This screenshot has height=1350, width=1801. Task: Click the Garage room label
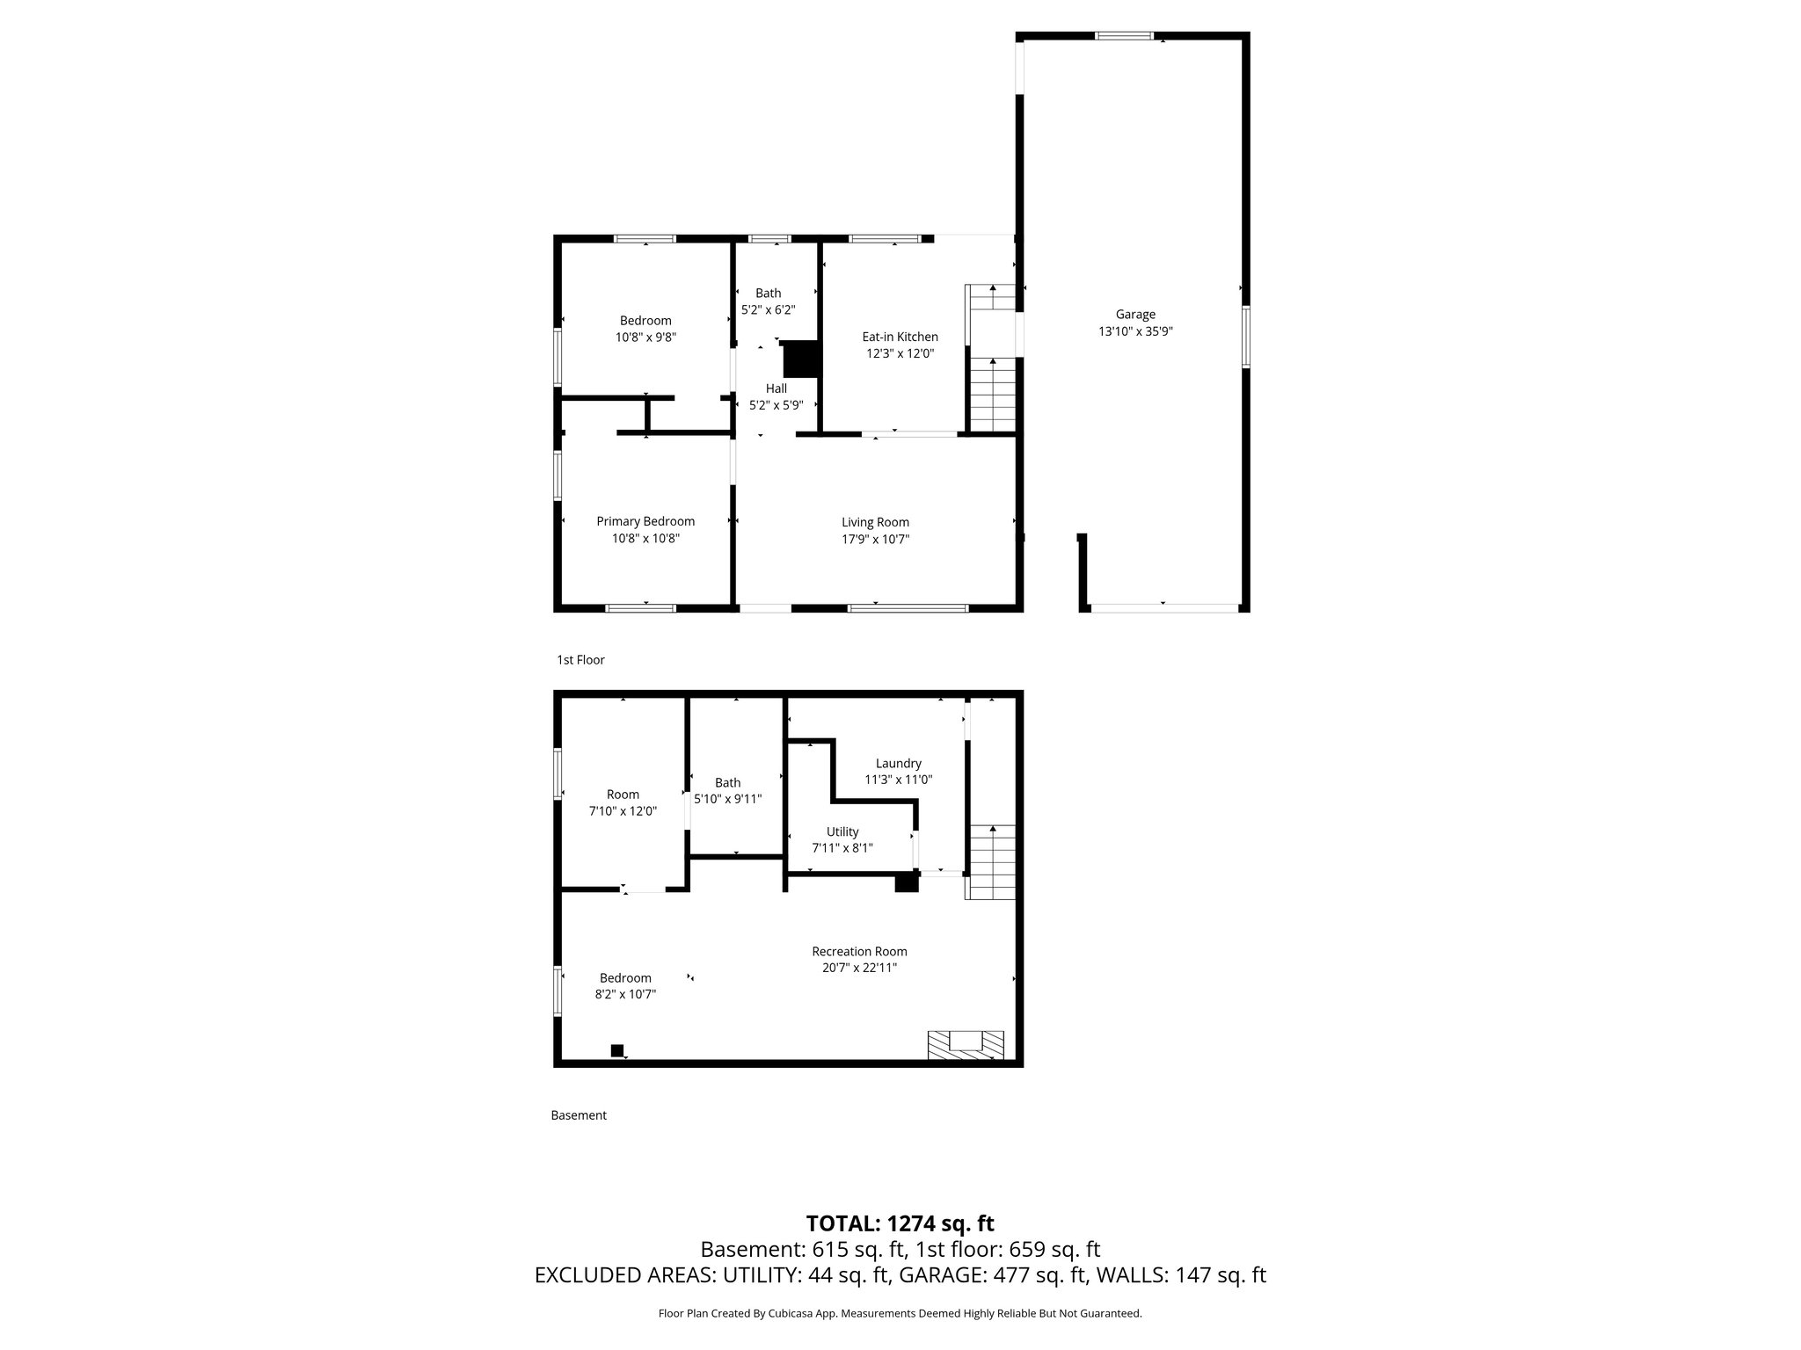tap(1135, 315)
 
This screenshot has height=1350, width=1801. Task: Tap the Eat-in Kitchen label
tap(900, 337)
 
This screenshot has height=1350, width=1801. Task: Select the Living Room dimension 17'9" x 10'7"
tap(875, 540)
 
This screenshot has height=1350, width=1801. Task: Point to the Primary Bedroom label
tap(645, 522)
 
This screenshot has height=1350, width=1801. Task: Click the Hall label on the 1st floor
tap(777, 388)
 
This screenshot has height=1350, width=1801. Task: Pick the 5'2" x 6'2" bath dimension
tap(769, 310)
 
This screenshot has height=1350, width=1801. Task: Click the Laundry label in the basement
tap(899, 764)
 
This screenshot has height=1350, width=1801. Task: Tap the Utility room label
tap(842, 831)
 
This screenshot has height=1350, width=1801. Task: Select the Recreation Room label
tap(859, 951)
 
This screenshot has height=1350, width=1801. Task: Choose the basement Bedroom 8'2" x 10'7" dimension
tap(626, 995)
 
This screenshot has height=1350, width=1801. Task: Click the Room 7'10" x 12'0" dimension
tap(623, 812)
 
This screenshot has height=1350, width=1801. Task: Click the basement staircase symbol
tap(991, 861)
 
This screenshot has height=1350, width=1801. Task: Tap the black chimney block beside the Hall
tap(801, 359)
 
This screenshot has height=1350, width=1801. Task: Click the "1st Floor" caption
tap(580, 660)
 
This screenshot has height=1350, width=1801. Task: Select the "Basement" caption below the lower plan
tap(579, 1115)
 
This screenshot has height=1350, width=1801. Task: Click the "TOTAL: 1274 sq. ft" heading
tap(900, 1223)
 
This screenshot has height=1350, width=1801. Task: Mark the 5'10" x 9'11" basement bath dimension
tap(728, 800)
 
